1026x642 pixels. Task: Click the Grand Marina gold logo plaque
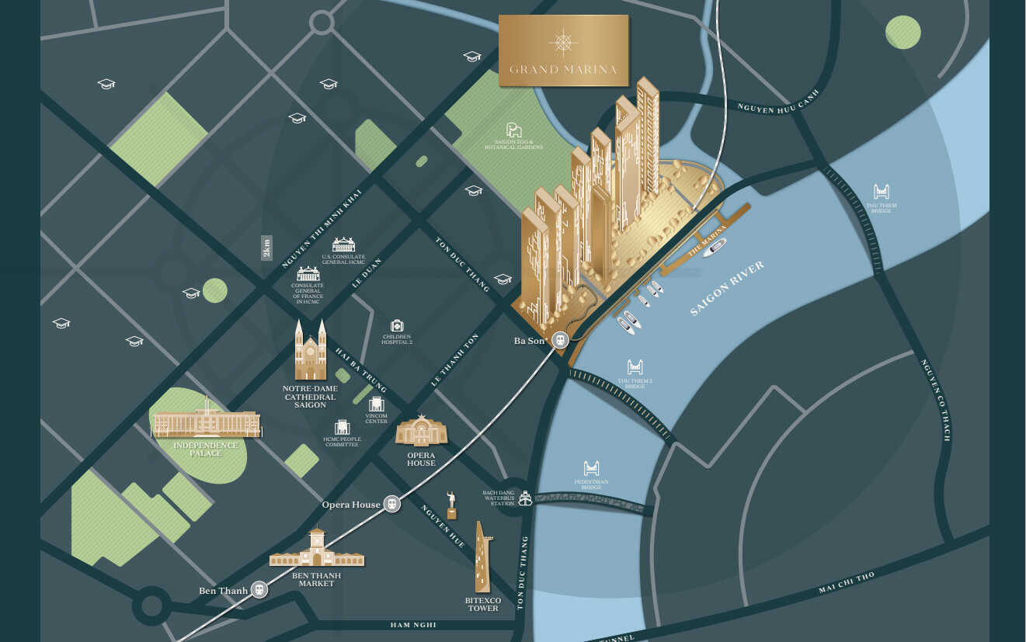[x=563, y=50]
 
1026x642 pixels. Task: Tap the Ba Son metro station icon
[x=560, y=339]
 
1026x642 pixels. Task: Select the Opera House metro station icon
[x=392, y=504]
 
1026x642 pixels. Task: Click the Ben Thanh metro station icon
[x=259, y=590]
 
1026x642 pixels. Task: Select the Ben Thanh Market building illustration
[x=316, y=550]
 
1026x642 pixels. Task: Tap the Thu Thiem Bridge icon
[x=881, y=191]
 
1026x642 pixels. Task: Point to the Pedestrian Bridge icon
[x=592, y=468]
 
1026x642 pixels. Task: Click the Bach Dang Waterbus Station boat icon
[x=526, y=498]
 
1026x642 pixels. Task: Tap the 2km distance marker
[x=267, y=248]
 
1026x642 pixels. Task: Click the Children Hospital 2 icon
[x=397, y=325]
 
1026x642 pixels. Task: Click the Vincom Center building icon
[x=377, y=404]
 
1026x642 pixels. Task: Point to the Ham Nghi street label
[x=413, y=625]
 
